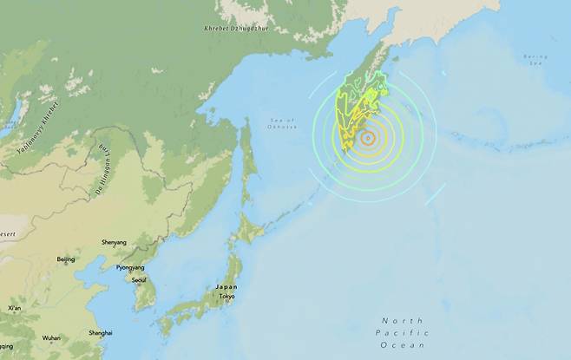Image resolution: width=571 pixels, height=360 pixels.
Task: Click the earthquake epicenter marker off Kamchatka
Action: click(x=368, y=137)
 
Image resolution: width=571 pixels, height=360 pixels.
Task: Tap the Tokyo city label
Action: click(x=226, y=296)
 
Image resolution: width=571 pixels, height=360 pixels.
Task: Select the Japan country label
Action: click(x=226, y=287)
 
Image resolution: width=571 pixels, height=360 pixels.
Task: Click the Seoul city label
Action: click(x=138, y=279)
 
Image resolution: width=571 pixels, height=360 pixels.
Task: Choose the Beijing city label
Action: click(x=66, y=259)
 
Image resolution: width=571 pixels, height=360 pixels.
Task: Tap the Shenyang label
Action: click(x=114, y=243)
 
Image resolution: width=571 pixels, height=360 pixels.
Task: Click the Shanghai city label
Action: click(x=100, y=332)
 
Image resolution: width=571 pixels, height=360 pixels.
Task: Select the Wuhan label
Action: click(x=51, y=337)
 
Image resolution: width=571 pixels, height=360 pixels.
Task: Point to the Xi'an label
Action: click(x=15, y=308)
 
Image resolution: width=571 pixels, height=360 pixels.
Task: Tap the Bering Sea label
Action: click(x=535, y=60)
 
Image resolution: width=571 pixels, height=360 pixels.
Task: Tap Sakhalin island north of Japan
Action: click(x=247, y=160)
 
